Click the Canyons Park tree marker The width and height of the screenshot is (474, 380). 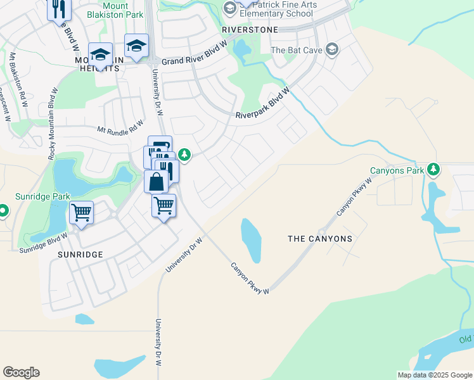(x=433, y=169)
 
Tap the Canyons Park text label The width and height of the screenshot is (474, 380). (x=397, y=170)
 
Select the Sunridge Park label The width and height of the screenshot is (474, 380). (x=44, y=197)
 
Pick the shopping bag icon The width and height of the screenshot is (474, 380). (x=156, y=181)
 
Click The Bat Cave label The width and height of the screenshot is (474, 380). (x=297, y=50)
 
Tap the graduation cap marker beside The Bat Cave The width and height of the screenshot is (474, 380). (x=331, y=49)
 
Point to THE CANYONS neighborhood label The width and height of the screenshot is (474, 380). (x=320, y=239)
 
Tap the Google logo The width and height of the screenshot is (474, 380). (x=21, y=372)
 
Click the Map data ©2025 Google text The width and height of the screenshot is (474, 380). (x=434, y=375)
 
